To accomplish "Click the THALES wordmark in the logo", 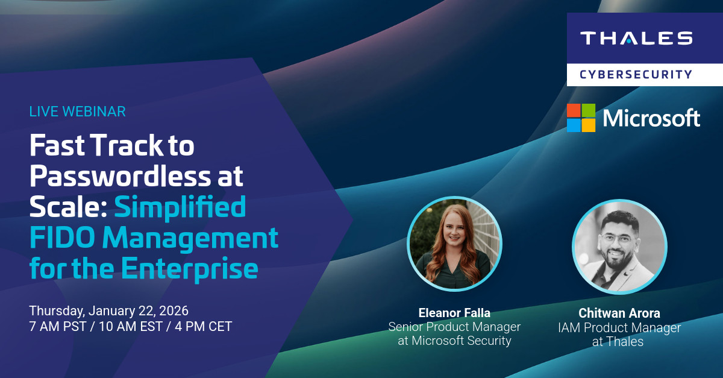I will [636, 39].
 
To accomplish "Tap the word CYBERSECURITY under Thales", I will [636, 74].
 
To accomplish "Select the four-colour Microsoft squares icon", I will [581, 118].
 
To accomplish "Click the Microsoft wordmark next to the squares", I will [651, 118].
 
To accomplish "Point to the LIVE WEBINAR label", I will [77, 112].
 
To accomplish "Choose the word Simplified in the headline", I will [180, 207].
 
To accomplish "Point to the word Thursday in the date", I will [56, 311].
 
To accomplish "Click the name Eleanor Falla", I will [454, 313].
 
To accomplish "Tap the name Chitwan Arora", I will [619, 313].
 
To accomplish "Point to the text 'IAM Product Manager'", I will [619, 328].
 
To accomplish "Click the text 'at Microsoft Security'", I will [454, 341].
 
